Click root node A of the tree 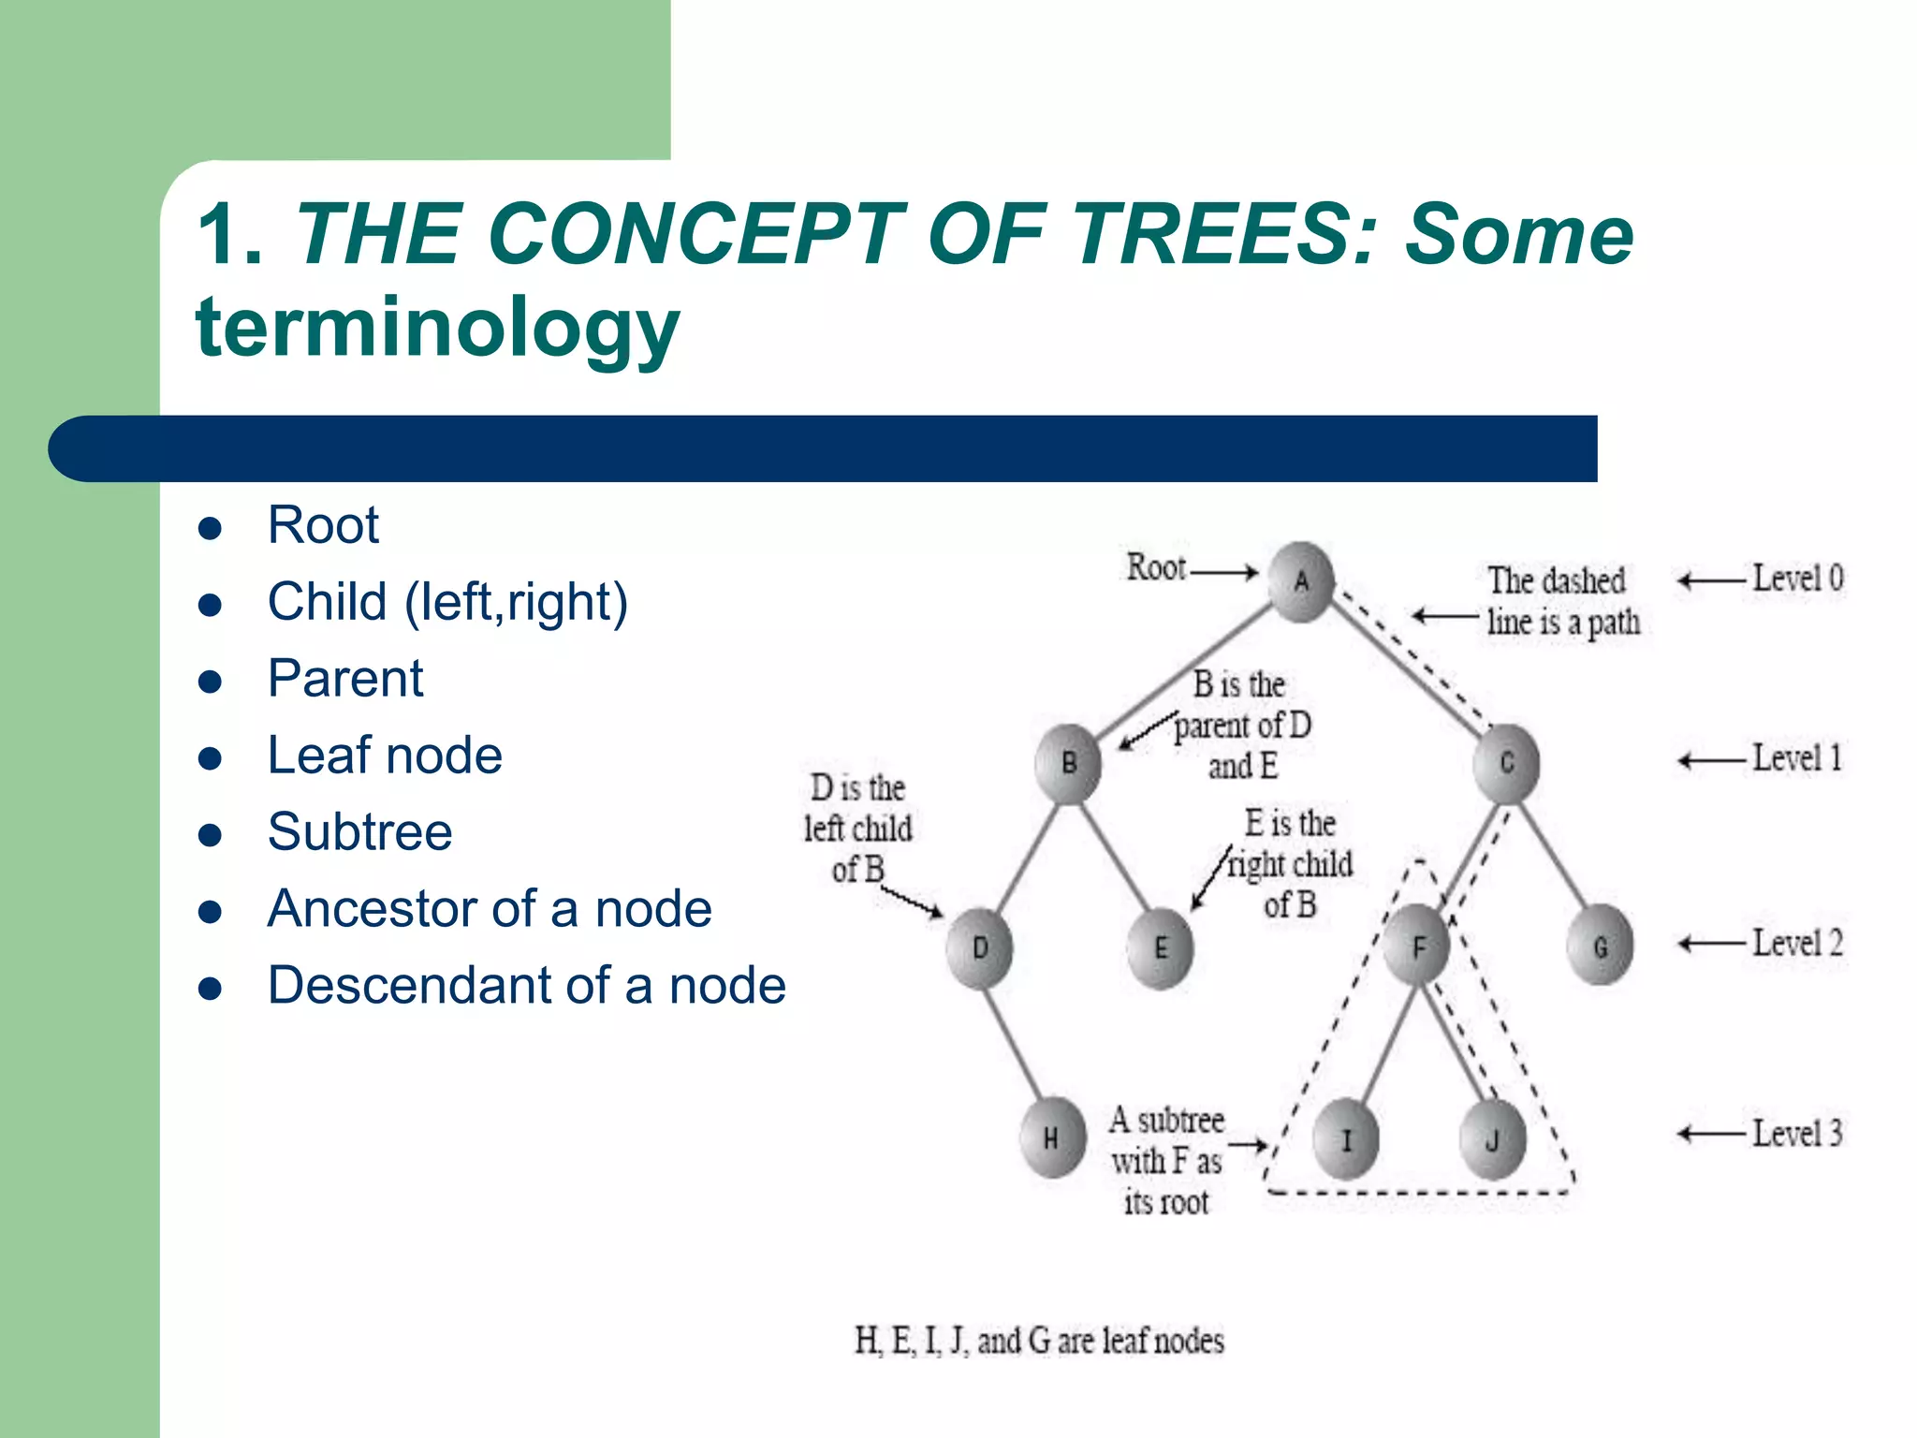(1301, 581)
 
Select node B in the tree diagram (1069, 763)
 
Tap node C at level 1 (1506, 763)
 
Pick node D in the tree (979, 947)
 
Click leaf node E (1161, 948)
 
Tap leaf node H (1052, 1137)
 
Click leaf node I (1346, 1138)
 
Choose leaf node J (1492, 1138)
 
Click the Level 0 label (1797, 579)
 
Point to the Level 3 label (1797, 1134)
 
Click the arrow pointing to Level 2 (1711, 944)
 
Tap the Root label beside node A (1156, 567)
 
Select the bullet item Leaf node (385, 756)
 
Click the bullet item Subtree (359, 832)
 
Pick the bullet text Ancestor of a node (490, 909)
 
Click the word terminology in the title (437, 328)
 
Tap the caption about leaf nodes (1039, 1341)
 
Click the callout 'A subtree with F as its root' (1166, 1161)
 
